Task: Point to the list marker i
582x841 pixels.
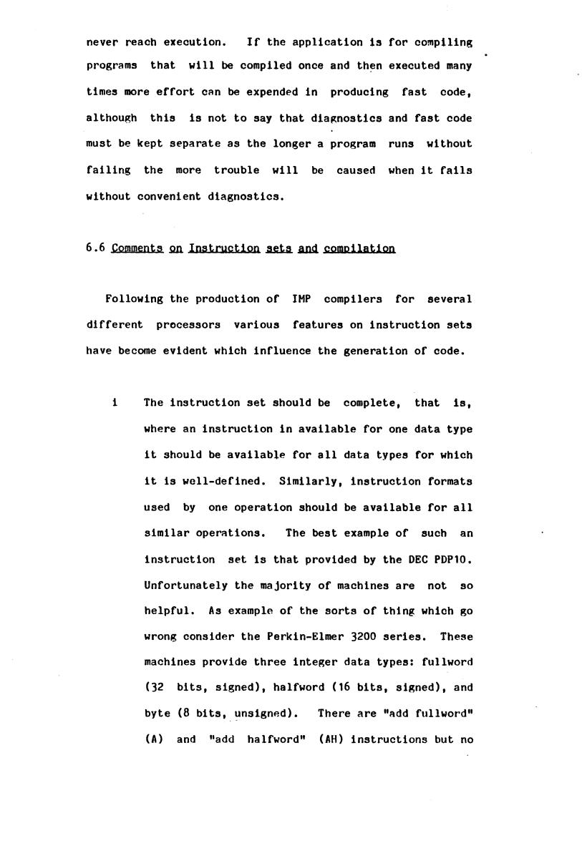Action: click(x=115, y=402)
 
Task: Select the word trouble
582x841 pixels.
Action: click(x=238, y=170)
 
